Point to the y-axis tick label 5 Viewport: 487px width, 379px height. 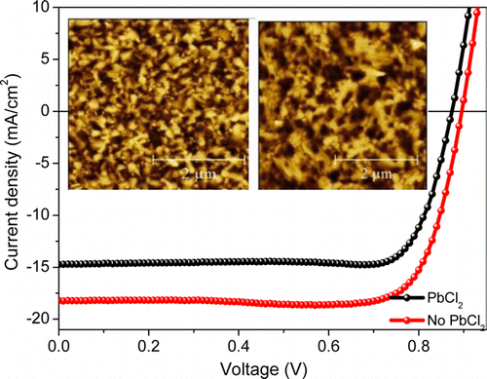coord(45,60)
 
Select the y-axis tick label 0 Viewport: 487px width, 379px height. coord(45,112)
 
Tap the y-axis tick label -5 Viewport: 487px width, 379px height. coord(42,163)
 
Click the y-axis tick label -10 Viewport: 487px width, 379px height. coord(39,214)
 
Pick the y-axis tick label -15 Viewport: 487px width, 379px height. coord(39,265)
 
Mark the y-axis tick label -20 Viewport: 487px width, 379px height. coord(39,317)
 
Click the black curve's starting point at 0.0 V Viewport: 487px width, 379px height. coord(60,264)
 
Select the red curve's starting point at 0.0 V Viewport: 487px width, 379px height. coord(60,301)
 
